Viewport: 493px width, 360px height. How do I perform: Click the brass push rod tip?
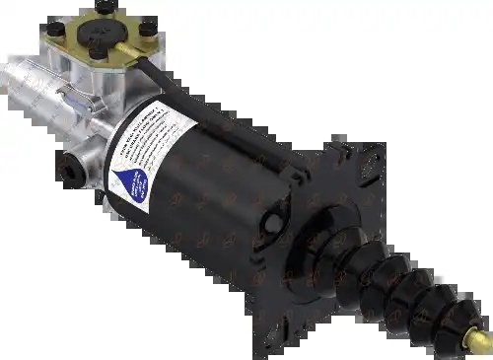pos(481,340)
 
